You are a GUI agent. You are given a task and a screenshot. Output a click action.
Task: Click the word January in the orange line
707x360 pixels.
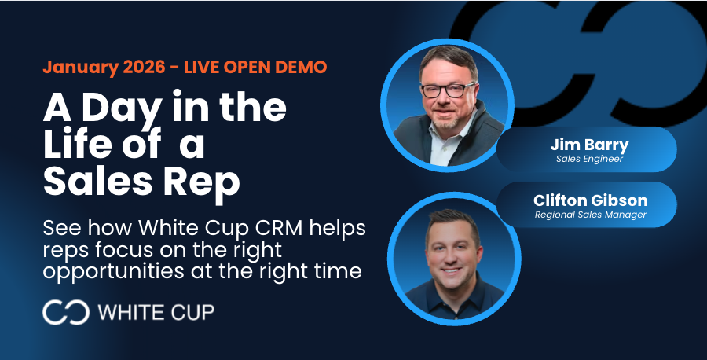tap(80, 68)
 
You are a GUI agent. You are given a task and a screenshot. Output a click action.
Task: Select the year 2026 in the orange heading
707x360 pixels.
tap(145, 68)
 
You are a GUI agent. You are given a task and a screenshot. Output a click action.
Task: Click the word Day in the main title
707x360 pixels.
tap(122, 108)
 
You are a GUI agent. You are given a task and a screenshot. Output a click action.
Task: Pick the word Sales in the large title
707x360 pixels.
tap(97, 181)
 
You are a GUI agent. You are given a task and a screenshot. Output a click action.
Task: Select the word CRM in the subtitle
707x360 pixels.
tap(279, 228)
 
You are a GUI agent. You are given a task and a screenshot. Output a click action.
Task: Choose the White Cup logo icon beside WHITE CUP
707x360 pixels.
tap(66, 312)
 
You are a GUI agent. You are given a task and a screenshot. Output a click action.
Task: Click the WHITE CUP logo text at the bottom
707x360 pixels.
tap(156, 312)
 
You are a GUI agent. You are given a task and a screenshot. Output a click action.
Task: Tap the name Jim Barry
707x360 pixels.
tap(589, 145)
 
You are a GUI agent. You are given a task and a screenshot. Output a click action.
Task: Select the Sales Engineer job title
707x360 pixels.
tap(589, 159)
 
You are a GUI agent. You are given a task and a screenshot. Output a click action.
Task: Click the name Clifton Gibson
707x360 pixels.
tap(590, 200)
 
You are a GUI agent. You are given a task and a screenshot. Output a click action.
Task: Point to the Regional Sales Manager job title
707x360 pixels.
tap(590, 215)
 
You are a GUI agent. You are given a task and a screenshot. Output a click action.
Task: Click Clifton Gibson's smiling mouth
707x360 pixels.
tap(452, 271)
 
